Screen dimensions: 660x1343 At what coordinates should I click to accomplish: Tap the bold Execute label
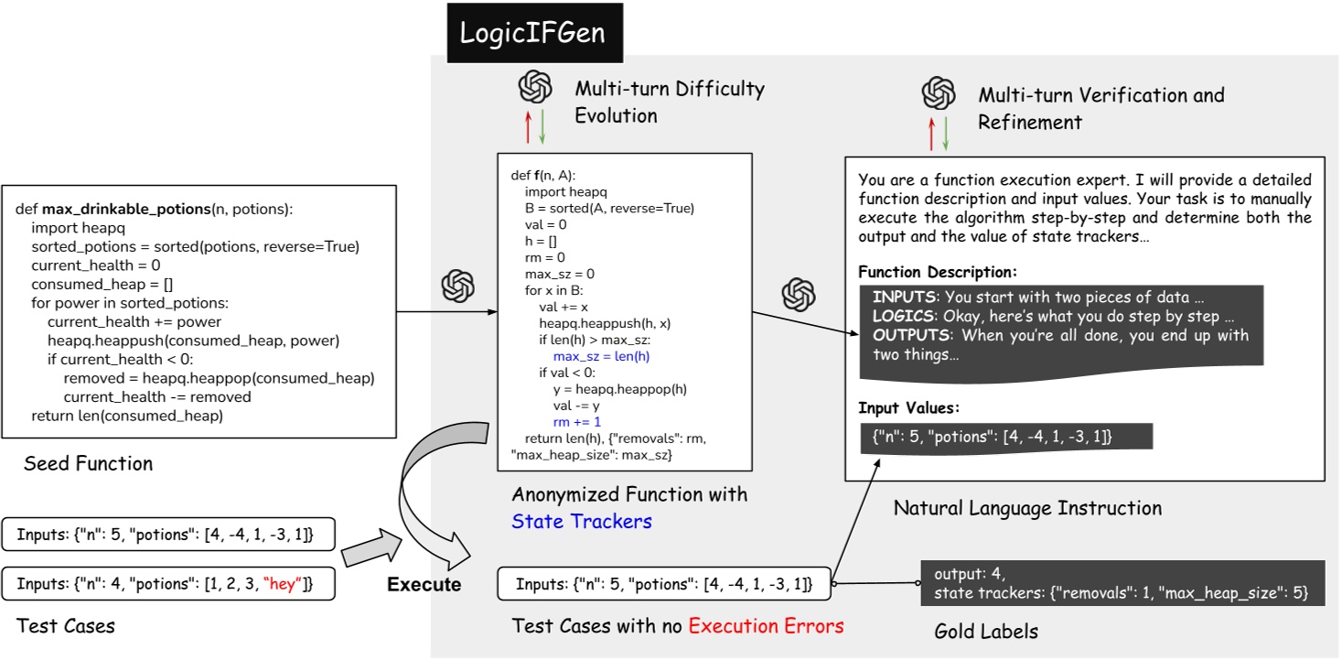[424, 584]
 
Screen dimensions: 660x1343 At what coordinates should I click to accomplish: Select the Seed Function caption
[88, 463]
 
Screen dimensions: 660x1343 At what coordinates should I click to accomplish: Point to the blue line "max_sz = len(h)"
[601, 355]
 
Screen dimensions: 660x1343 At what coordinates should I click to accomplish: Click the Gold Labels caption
[986, 632]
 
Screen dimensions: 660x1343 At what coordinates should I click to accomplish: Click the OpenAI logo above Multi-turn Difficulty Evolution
[534, 89]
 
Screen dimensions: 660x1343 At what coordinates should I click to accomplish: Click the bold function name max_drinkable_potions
[126, 209]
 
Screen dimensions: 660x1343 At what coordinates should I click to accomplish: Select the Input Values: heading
[908, 408]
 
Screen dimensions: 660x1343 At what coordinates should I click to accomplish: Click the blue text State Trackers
[582, 522]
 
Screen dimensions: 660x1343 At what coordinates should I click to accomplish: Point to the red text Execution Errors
[766, 626]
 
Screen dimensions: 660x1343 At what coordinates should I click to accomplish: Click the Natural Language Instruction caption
[1027, 507]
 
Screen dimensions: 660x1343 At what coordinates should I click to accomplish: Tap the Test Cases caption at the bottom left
[66, 626]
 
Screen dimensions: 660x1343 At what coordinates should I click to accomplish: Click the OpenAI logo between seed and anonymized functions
[457, 287]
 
